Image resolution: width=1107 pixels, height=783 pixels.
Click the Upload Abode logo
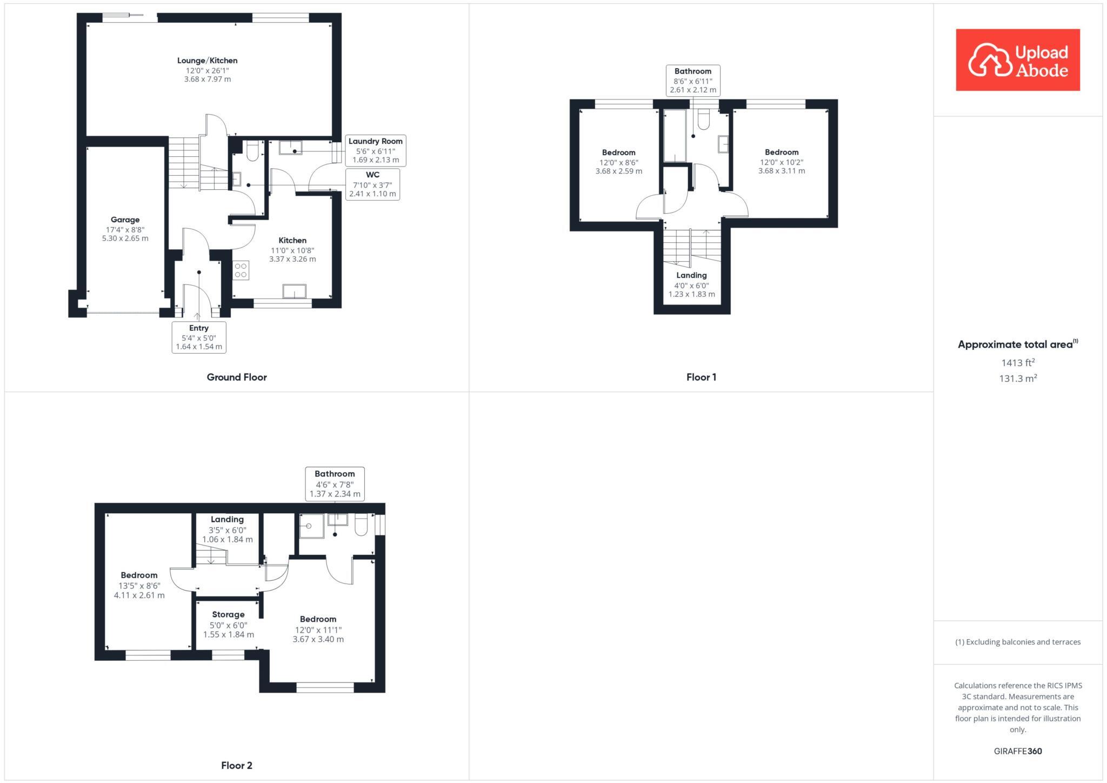[1017, 60]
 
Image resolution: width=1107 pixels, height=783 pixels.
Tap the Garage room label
[125, 228]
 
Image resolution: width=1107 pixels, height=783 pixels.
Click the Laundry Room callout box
[375, 150]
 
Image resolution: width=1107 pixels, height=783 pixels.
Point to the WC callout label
[372, 184]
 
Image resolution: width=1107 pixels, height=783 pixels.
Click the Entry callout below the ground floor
[199, 337]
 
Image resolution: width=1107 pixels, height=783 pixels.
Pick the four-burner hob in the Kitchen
[241, 270]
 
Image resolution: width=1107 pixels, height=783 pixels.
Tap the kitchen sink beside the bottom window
[294, 291]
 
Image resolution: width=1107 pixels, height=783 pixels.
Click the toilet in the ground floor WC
[252, 151]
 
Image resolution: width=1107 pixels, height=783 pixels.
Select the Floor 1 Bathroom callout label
[692, 80]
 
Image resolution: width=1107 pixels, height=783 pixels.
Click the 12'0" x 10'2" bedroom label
[781, 161]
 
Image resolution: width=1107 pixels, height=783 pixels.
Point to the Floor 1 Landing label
[691, 284]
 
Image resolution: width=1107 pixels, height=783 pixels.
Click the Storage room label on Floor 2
[228, 624]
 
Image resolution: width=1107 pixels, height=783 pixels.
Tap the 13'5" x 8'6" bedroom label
[139, 585]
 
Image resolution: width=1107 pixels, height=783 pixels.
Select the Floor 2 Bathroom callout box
[335, 483]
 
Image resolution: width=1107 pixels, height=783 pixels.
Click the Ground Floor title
[237, 377]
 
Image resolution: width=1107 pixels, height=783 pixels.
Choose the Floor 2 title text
[237, 765]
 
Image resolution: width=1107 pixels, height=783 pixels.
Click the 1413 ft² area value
[1018, 363]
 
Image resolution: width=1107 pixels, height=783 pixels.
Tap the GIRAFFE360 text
[1018, 751]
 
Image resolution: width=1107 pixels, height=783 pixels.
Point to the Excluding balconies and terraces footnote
[1018, 642]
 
